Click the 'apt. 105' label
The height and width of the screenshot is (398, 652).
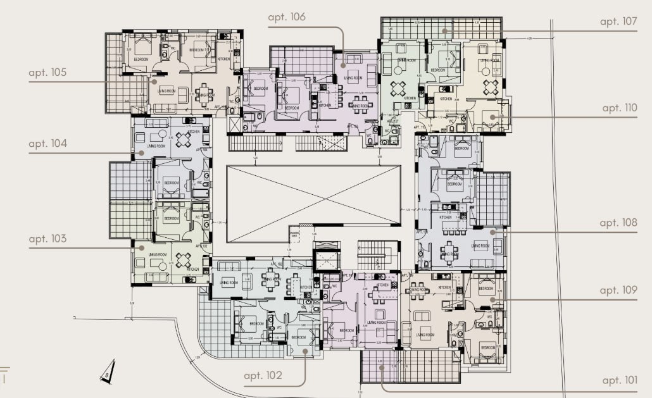47,73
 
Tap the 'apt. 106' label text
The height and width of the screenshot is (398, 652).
287,17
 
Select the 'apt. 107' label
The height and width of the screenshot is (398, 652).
618,22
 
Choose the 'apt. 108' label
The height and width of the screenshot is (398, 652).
618,223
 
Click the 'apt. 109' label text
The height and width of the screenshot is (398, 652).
618,290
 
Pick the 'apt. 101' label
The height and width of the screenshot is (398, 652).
620,380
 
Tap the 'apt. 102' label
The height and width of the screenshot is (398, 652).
263,375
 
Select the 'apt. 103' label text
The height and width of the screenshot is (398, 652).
47,239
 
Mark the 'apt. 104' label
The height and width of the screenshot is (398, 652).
47,144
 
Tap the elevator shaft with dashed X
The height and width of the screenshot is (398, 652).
327,261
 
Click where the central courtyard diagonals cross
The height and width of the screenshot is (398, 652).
313,204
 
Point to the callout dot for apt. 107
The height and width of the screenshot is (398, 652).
445,30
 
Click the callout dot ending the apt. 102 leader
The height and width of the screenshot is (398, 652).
305,351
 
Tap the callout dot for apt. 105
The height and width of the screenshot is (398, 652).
153,80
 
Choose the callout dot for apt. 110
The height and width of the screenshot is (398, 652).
492,117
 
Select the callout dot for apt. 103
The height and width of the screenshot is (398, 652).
141,248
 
